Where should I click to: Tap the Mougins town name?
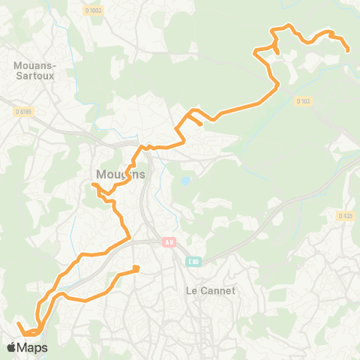pos(119,175)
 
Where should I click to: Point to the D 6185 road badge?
pos(23,112)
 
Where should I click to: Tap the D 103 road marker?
pos(302,100)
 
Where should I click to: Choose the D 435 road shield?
pos(345,216)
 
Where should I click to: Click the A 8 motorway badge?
pos(170,241)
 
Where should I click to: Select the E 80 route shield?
pos(193,261)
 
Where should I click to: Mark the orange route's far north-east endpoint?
pos(349,51)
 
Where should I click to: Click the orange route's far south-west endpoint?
pos(18,324)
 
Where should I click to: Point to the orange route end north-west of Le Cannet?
pos(136,268)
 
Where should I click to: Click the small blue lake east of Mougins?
pos(184,181)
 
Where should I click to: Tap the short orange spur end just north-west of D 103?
pos(277,51)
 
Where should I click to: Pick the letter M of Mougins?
pos(100,175)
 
